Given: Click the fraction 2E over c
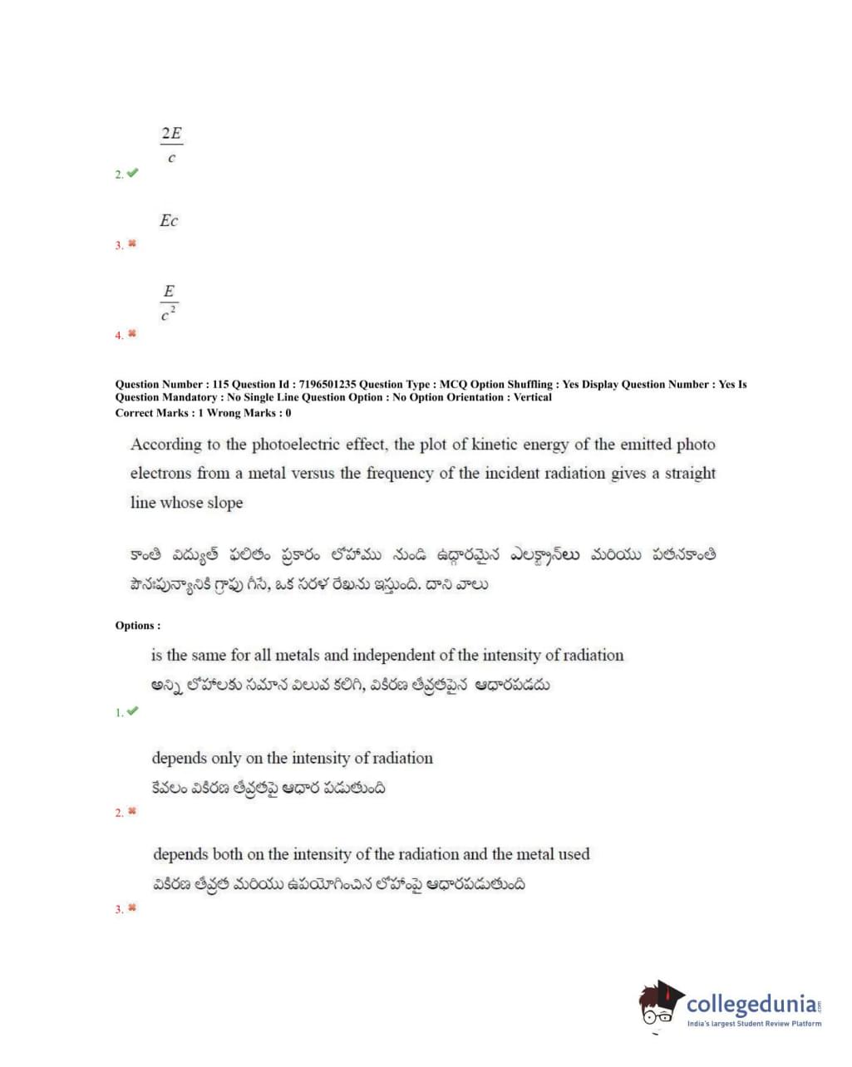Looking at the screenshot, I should click(x=171, y=144).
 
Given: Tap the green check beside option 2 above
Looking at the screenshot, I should click(x=132, y=173).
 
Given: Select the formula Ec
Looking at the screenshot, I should click(x=169, y=220).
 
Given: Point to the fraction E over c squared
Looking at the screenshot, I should click(x=169, y=301).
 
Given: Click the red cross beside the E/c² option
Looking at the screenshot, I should click(x=132, y=333).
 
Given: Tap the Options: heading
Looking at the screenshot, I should click(x=138, y=625).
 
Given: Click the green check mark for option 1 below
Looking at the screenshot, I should click(x=132, y=711).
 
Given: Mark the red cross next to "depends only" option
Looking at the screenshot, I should click(x=132, y=811).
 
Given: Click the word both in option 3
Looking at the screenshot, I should click(x=227, y=853).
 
